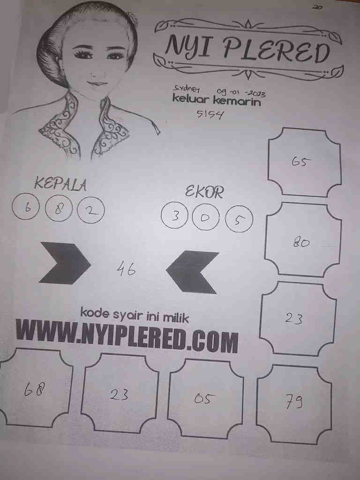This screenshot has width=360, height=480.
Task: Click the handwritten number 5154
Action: (210, 114)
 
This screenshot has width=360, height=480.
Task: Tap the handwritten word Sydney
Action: (187, 89)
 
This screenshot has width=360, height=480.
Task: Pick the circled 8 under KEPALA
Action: (59, 210)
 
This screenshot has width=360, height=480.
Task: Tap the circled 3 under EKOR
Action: (175, 216)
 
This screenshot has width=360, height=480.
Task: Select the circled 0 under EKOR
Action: (205, 217)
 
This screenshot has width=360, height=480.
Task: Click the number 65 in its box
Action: (301, 162)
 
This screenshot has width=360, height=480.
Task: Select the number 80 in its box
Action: (301, 243)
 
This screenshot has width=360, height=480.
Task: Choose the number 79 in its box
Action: (294, 401)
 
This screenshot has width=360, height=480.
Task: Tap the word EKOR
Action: (204, 192)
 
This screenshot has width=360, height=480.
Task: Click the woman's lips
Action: (97, 83)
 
